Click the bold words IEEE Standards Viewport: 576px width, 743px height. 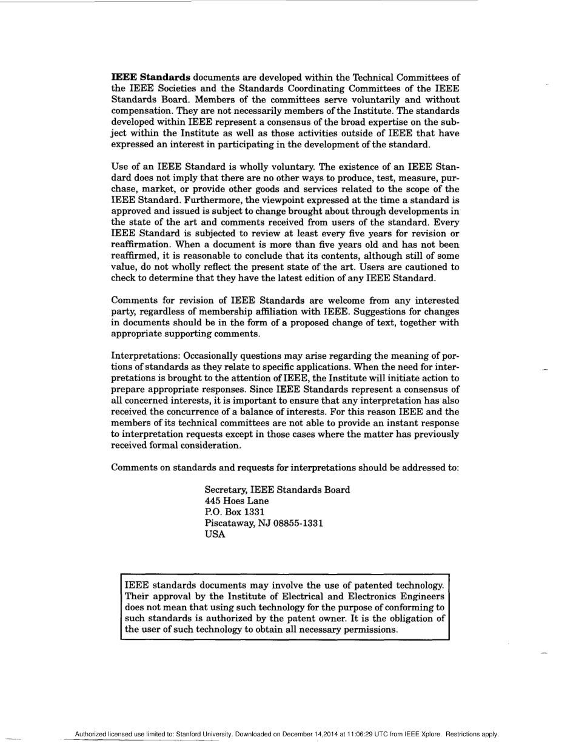(151, 77)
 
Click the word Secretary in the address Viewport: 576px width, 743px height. (226, 490)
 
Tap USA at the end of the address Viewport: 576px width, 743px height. (215, 535)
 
